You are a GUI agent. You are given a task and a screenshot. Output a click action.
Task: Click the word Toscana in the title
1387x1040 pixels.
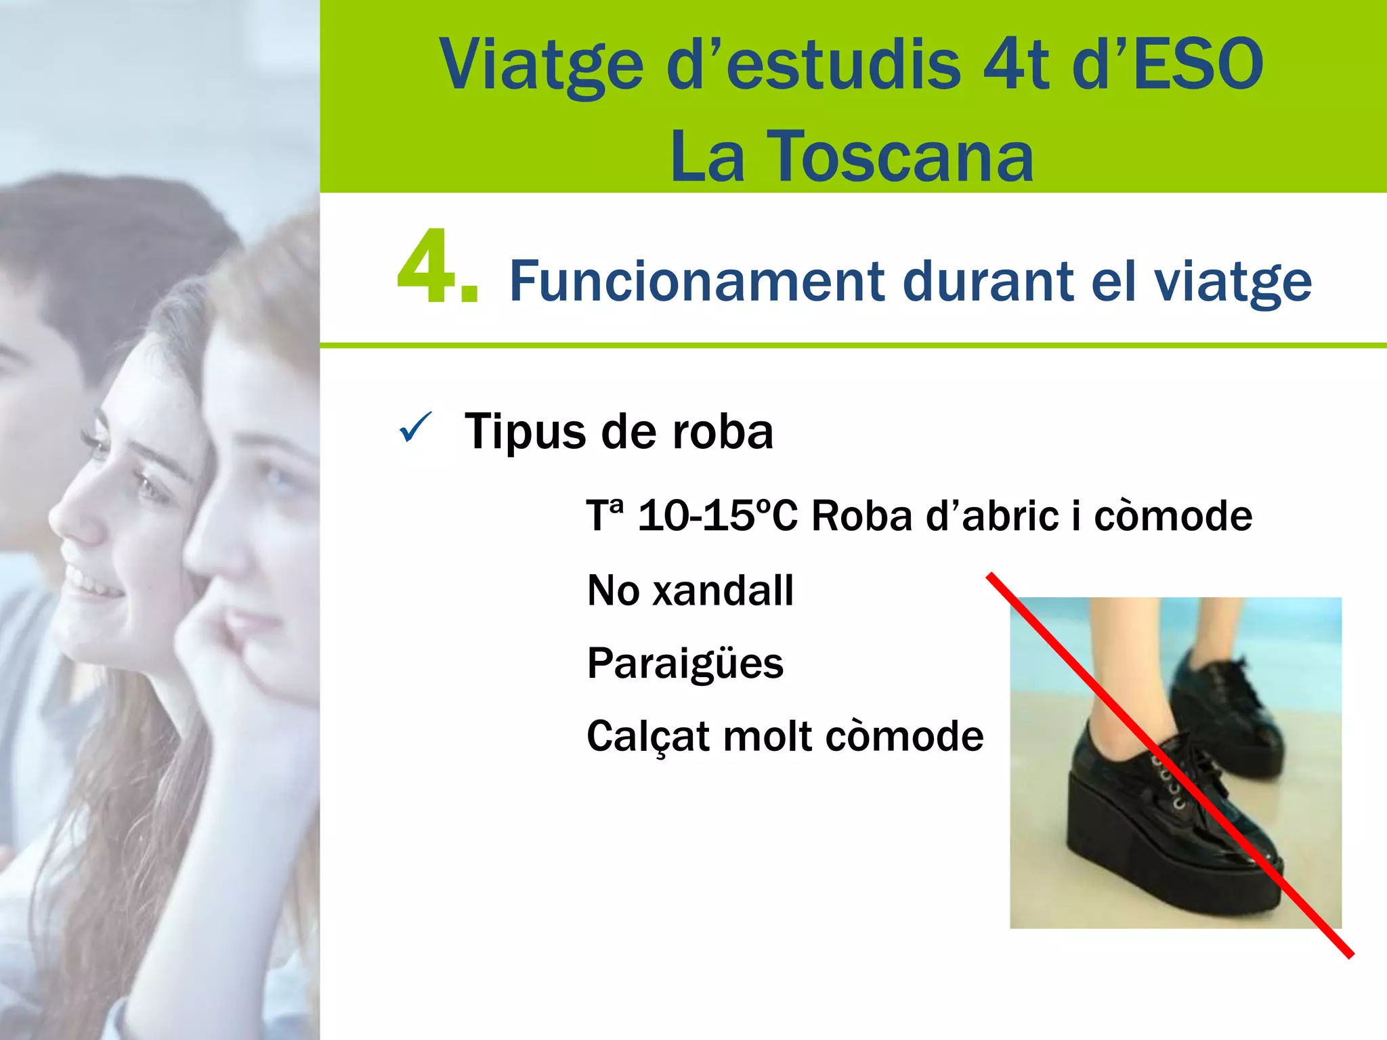[x=901, y=158]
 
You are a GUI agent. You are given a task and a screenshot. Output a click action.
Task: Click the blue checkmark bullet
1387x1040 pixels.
[x=414, y=427]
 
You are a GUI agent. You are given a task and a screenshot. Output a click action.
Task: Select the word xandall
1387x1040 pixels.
[x=723, y=590]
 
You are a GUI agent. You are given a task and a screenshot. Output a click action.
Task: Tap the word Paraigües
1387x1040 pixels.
[x=685, y=663]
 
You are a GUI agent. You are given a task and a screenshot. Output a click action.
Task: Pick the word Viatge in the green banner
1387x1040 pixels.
[x=542, y=65]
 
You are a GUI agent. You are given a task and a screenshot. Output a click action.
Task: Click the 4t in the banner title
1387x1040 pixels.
[x=1016, y=65]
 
